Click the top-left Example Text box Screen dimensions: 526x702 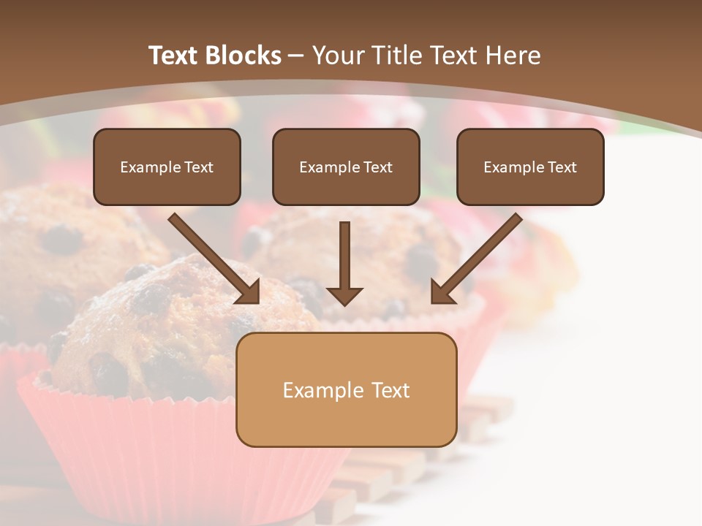click(x=167, y=167)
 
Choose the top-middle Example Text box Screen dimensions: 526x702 click(x=346, y=167)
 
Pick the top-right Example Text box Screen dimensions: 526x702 click(x=530, y=167)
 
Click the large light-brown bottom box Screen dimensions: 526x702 click(x=346, y=389)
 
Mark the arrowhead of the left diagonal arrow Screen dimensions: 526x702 click(x=249, y=292)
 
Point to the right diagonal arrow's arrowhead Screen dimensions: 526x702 click(x=442, y=292)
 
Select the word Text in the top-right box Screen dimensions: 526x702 click(x=562, y=167)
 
